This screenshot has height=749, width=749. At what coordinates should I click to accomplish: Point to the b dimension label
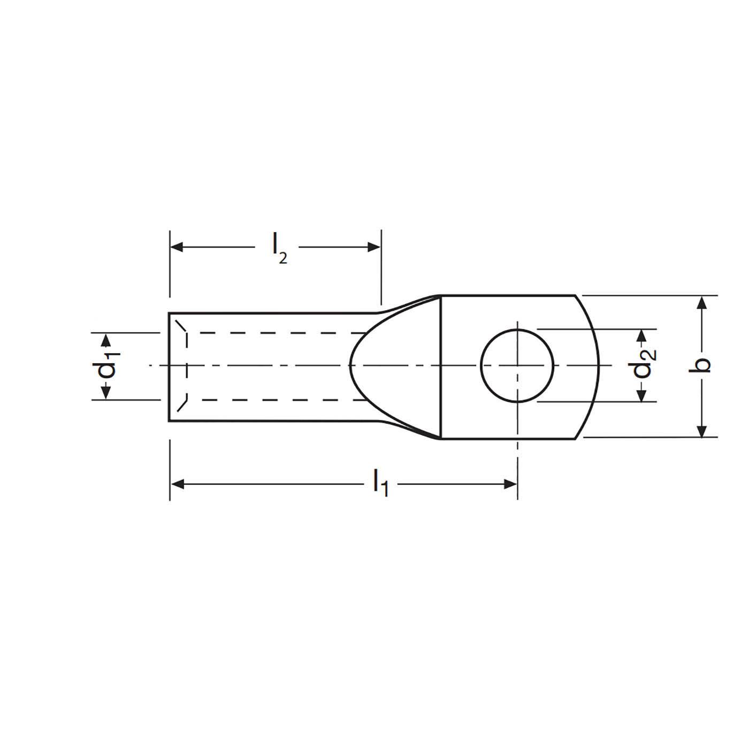pos(704,366)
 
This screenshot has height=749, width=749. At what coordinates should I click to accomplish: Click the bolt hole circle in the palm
pos(517,366)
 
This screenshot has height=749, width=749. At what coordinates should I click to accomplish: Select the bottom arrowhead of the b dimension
pos(703,431)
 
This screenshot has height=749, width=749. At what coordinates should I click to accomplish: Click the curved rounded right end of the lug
pos(598,366)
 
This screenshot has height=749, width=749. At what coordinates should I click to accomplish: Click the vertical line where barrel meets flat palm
pos(440,366)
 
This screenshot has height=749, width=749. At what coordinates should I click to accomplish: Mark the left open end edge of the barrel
pos(169,366)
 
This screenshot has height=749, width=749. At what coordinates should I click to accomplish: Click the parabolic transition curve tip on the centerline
pos(350,366)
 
